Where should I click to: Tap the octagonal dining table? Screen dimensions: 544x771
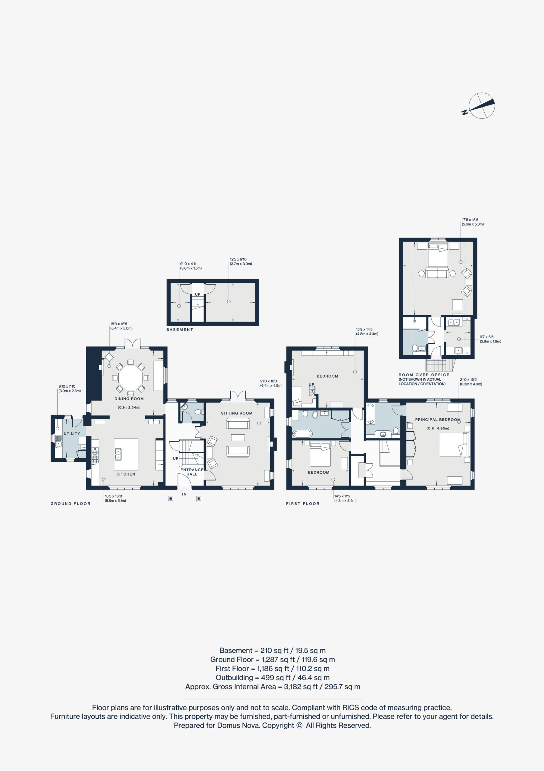130,378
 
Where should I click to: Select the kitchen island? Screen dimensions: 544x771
126,454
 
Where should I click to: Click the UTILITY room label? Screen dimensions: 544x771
72,433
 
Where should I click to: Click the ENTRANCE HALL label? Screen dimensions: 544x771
192,472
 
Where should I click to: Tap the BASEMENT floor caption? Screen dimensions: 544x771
180,330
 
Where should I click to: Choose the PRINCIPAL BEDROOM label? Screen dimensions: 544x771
438,420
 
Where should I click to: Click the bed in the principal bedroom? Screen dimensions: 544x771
454,444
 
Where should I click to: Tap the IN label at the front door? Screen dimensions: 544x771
184,494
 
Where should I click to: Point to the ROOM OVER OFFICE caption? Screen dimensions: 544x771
424,375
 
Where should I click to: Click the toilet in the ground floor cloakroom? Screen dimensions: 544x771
199,412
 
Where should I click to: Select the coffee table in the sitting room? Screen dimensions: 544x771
238,438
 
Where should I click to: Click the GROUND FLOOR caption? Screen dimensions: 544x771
70,504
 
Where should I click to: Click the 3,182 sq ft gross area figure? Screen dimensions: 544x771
301,687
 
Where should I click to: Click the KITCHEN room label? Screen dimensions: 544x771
126,474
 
